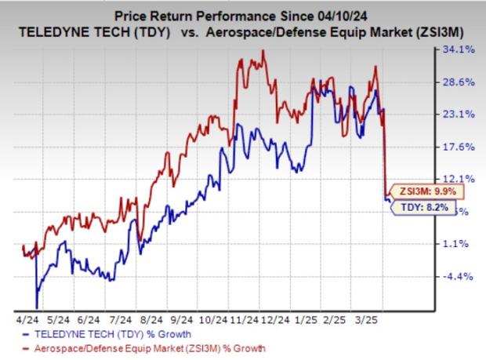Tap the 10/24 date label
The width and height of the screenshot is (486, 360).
pos(212,321)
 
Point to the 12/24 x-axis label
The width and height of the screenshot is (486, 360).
pos(275,321)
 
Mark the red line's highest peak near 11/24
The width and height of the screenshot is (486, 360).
pos(263,52)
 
